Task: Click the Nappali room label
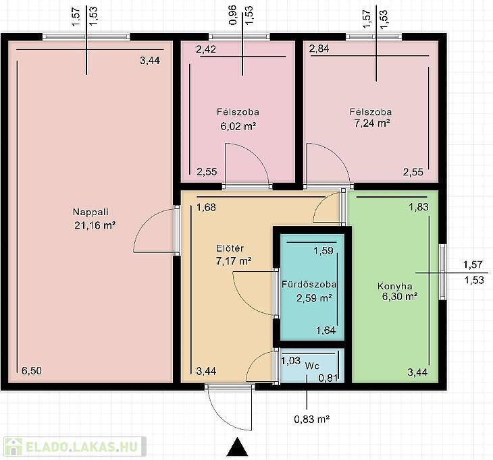coord(90,212)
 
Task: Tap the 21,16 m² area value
coord(95,225)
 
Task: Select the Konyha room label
coord(394,287)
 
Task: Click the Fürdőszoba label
coord(309,285)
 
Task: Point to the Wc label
coord(312,366)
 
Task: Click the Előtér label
coord(230,248)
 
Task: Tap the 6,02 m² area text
coord(238,126)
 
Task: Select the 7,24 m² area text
coord(372,123)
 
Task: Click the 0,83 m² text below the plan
coord(311,419)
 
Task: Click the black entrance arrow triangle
coord(237,447)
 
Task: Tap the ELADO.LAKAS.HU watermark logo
coord(75,447)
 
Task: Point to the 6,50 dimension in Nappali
coord(32,371)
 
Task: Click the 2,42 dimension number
coord(206,49)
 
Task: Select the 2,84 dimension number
coord(319,49)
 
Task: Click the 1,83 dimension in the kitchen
coord(419,207)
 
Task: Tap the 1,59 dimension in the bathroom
coord(323,250)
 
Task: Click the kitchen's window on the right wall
coord(442,272)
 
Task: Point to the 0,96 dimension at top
coord(233,16)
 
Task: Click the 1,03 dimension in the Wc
coord(290,361)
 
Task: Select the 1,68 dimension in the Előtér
coord(206,207)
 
